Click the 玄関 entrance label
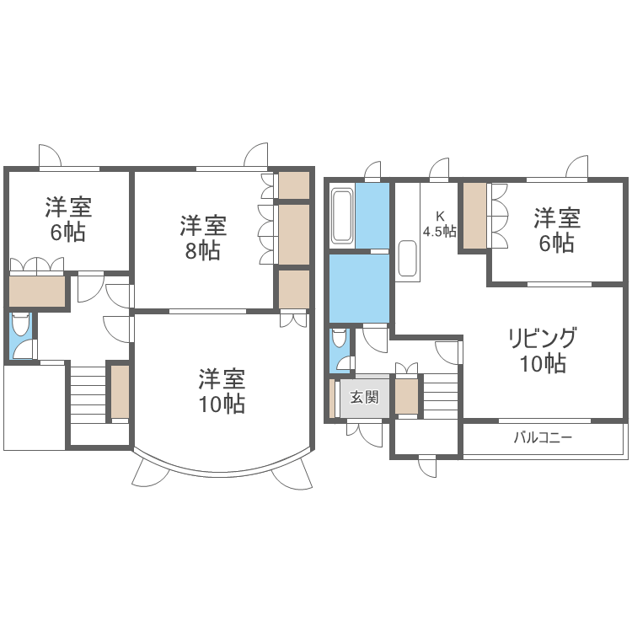(364, 397)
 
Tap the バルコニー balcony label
(544, 438)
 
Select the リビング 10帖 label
(542, 351)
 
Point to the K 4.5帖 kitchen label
(439, 223)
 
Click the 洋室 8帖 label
(203, 238)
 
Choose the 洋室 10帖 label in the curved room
(222, 391)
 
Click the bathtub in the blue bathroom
(342, 217)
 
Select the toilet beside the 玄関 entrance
(339, 340)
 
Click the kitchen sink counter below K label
(408, 260)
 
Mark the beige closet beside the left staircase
(119, 392)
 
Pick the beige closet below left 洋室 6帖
(37, 292)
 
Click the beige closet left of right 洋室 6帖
(475, 215)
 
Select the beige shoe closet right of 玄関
(407, 397)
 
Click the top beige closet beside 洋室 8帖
(294, 184)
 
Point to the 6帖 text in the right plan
(557, 244)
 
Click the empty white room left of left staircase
(34, 407)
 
